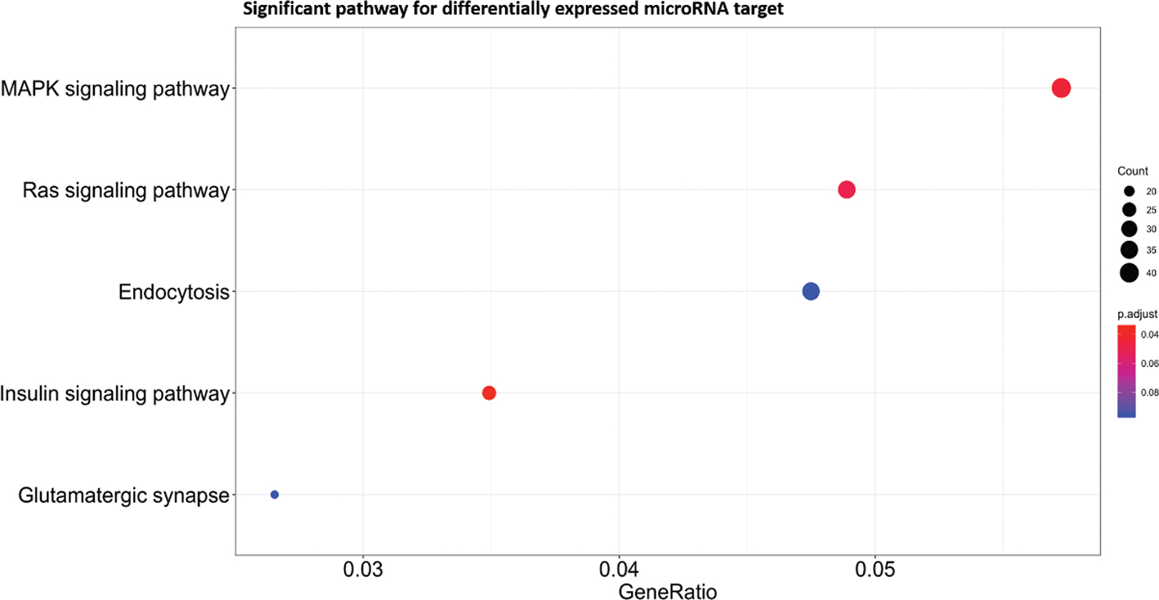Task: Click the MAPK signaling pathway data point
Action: tap(1060, 88)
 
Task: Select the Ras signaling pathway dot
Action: tap(847, 190)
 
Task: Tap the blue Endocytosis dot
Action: tap(811, 291)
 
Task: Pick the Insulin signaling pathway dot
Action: tap(489, 393)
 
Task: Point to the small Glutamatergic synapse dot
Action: tap(275, 495)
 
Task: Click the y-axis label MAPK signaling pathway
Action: tap(114, 88)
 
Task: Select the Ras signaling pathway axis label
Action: tap(125, 190)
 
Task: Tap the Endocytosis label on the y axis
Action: tap(173, 292)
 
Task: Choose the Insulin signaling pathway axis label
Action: tap(114, 393)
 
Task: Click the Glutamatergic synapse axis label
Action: tap(123, 495)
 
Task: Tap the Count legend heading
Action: tap(1133, 172)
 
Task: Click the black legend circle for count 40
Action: tap(1129, 273)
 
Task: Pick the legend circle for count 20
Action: tap(1129, 191)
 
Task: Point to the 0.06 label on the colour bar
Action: tap(1149, 363)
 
